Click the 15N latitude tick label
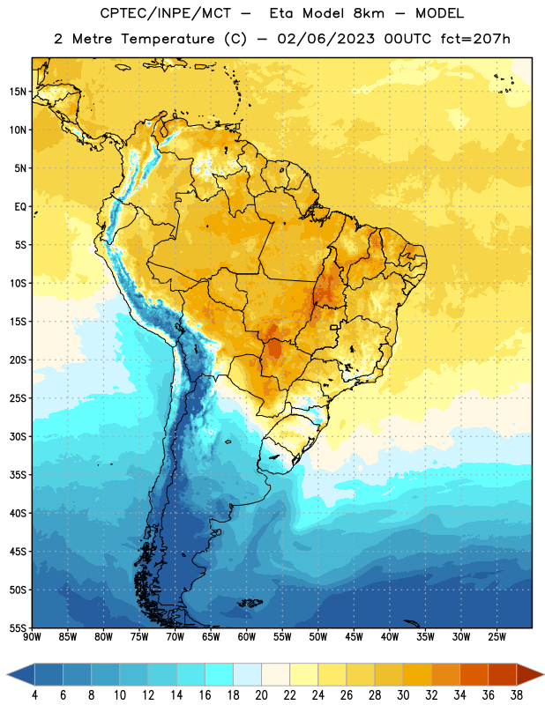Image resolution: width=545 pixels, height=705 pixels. pos(18,92)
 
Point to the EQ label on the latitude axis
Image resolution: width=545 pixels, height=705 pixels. pos(20,207)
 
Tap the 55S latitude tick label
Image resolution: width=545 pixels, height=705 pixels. pos(18,627)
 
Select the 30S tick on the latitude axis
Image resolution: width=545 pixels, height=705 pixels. pos(18,436)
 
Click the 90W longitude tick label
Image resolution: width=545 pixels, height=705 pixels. pos(32,636)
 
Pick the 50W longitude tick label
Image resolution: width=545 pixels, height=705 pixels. pos(318,636)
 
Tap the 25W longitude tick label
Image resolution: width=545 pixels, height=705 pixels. pos(496,636)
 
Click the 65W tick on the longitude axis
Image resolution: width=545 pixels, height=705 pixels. pos(211,636)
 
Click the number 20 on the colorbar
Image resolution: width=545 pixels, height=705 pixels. pos(261,695)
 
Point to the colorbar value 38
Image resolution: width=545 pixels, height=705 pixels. pos(517,695)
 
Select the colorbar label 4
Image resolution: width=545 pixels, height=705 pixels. pos(34,695)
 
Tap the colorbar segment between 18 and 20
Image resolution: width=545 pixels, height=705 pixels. pos(248,674)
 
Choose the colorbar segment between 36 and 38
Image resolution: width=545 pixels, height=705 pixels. pos(503,674)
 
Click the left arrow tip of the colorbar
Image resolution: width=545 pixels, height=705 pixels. pos(7,674)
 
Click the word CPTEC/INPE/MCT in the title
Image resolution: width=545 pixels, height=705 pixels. pos(165,13)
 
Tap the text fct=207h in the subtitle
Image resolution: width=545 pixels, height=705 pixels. pos(475,39)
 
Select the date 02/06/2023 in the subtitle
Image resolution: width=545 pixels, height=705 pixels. pos(325,39)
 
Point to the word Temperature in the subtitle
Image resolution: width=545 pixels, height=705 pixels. pos(168,39)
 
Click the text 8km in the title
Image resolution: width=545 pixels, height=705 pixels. pos(369,13)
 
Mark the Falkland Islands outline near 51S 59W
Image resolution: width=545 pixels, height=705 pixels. pos(250,603)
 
